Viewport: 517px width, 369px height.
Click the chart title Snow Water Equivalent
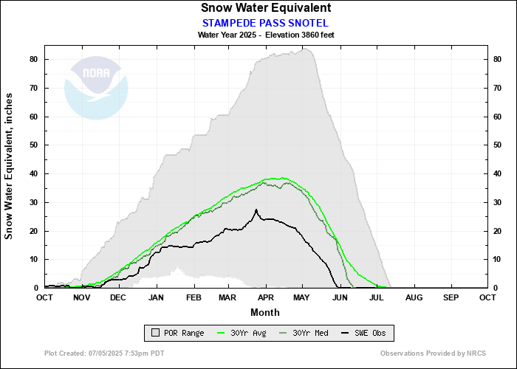[x=266, y=8]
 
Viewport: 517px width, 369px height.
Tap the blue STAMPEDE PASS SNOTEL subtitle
[x=266, y=22]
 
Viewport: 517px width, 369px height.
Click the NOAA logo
[x=96, y=89]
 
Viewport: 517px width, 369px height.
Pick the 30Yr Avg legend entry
[x=244, y=333]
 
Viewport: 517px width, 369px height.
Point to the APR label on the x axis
[x=264, y=297]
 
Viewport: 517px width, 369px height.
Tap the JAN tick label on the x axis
[x=156, y=297]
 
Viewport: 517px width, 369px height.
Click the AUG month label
[x=414, y=297]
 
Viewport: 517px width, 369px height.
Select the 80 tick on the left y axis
[x=34, y=59]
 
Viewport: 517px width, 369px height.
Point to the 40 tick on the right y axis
[x=498, y=173]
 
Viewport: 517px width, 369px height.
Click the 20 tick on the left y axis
[x=34, y=230]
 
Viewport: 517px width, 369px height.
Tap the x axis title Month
[x=265, y=311]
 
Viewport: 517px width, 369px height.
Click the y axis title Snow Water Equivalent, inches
[x=10, y=166]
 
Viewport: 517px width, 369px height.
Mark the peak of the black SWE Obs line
[x=256, y=210]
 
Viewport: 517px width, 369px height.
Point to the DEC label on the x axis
[x=118, y=297]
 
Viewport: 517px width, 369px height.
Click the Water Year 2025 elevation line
[x=266, y=35]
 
